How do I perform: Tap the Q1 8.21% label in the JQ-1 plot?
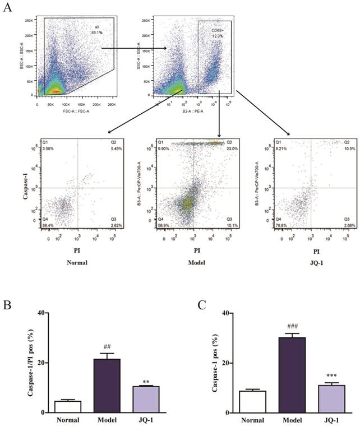[x=271, y=147]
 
